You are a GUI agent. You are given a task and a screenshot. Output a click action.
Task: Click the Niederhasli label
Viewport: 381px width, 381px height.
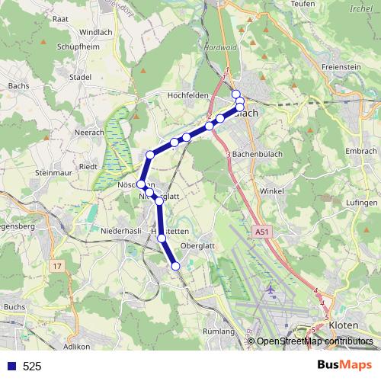point(123,229)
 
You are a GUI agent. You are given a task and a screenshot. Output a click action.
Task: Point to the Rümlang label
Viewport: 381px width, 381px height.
point(220,332)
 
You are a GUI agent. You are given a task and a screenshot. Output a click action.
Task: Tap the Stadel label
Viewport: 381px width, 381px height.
point(80,77)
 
